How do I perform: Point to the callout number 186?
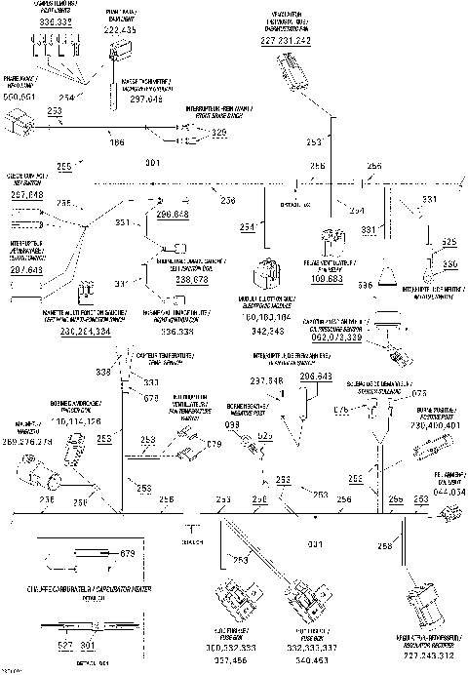(x=116, y=142)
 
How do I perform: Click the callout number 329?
(x=218, y=132)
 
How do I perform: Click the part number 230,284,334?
(x=71, y=331)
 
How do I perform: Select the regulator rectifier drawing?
(x=423, y=593)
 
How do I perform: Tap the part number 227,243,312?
(x=424, y=653)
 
